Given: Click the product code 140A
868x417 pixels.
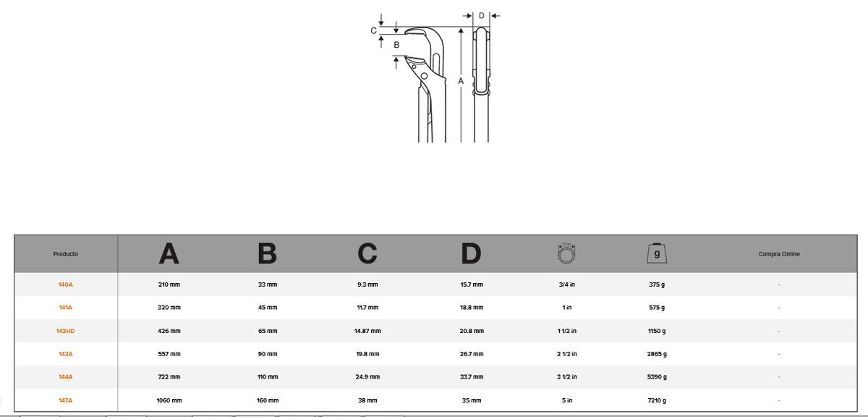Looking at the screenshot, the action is (66, 285).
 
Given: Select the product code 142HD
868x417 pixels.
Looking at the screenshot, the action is (66, 331).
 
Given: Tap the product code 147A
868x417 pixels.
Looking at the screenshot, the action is (66, 400).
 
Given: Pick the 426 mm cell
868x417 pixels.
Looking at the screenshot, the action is (169, 331).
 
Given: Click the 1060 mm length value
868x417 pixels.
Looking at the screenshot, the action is (169, 400).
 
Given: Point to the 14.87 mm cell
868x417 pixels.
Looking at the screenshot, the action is (367, 331).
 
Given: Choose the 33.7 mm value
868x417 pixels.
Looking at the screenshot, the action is (472, 376).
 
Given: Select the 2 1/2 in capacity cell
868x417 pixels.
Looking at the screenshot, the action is (567, 354).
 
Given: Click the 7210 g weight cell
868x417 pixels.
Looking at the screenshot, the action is (657, 400).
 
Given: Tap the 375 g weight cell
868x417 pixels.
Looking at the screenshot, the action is (657, 285).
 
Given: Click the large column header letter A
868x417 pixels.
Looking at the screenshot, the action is (169, 253).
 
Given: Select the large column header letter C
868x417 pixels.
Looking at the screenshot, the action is (367, 253).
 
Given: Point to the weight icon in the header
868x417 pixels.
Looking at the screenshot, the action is (657, 253).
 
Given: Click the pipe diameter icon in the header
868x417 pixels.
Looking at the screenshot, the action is (566, 253).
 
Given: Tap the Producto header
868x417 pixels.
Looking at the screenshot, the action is (66, 253).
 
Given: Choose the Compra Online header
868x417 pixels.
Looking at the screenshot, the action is (779, 253).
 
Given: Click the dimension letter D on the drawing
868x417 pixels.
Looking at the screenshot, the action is (481, 15).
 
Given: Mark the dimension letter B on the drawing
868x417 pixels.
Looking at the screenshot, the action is (396, 45).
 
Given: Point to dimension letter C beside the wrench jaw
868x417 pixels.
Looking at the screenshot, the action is (373, 30).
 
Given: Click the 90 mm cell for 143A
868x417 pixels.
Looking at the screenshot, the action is (268, 354).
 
